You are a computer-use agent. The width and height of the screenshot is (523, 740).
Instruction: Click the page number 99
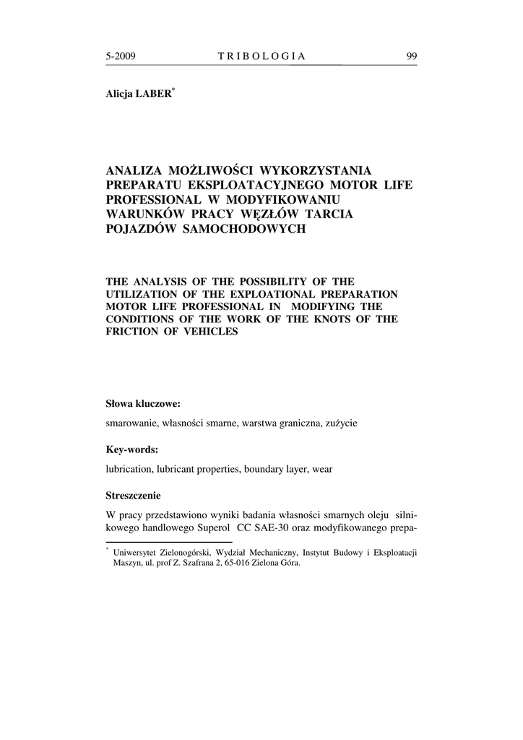click(x=411, y=56)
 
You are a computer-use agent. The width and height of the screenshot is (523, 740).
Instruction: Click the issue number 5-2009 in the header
click(x=121, y=56)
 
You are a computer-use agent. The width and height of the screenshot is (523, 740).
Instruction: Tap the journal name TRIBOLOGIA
click(x=261, y=56)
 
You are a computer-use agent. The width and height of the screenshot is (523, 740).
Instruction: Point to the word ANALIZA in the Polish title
click(x=133, y=171)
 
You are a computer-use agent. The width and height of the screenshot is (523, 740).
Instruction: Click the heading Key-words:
click(x=132, y=449)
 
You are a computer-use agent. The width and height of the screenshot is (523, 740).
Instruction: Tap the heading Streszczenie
click(x=134, y=496)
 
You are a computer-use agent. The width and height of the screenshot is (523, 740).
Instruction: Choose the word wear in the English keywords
click(x=322, y=469)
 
